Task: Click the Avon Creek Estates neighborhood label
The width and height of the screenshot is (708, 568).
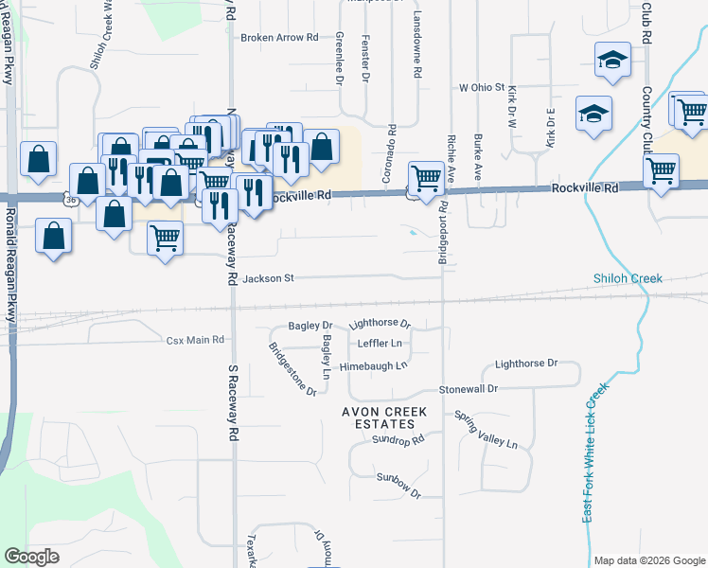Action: coord(385,417)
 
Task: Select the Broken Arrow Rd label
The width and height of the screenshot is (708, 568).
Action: coord(279,38)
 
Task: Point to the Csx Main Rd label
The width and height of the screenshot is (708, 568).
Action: coord(195,339)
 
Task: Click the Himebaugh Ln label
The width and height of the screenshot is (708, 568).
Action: coord(374,364)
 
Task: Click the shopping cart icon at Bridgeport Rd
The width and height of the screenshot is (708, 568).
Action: coord(426,178)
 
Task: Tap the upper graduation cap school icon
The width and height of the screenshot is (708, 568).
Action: coord(612,62)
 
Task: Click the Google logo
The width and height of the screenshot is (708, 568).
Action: coord(32,557)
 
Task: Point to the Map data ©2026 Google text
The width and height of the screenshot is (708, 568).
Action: coord(649,560)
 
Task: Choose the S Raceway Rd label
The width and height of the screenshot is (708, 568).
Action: coord(232,401)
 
